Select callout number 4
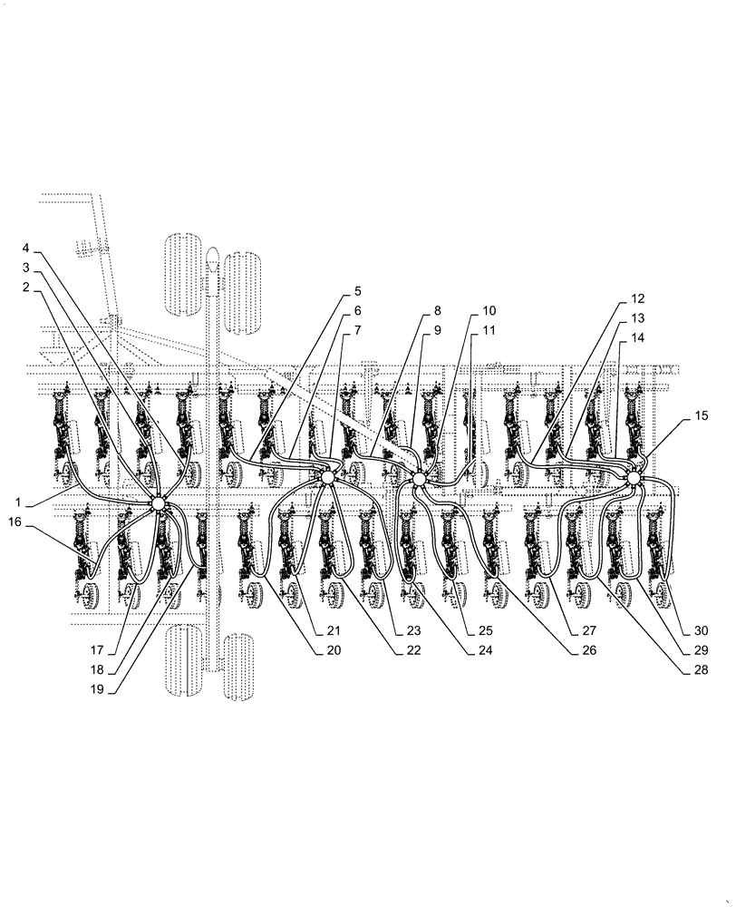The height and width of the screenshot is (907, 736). pyautogui.click(x=26, y=248)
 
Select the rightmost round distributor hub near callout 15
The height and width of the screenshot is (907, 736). pyautogui.click(x=634, y=477)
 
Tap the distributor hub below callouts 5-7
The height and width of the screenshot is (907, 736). pyautogui.click(x=327, y=475)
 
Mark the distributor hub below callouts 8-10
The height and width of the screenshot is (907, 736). pyautogui.click(x=418, y=478)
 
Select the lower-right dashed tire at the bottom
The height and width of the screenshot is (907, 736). pyautogui.click(x=242, y=667)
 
